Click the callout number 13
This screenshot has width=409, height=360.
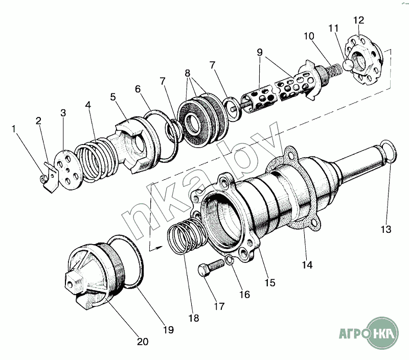pos(386,229)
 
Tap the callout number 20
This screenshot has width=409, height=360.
pos(143,342)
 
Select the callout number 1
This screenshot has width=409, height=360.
pos(14,129)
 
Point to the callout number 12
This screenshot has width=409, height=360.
pos(359,20)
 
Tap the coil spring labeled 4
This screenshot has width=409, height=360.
pos(97,159)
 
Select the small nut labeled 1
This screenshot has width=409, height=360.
pos(42,178)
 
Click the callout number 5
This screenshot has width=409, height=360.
pos(112,97)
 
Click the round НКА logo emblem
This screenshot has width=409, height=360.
pos(382,333)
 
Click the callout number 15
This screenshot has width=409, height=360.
pos(270,282)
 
